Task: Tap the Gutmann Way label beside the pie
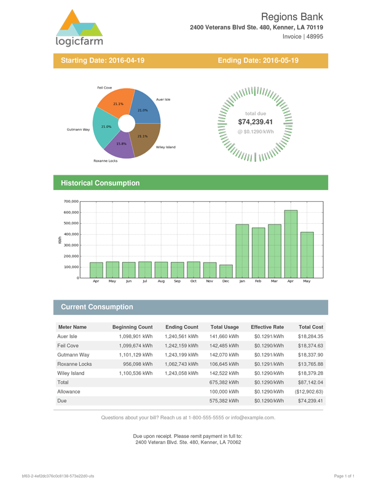pos(79,130)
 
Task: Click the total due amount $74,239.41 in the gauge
pos(255,122)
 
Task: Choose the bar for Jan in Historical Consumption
pos(242,251)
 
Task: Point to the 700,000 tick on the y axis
pos(70,202)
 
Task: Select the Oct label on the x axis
pos(194,281)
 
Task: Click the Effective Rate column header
pos(267,327)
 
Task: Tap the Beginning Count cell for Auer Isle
pos(135,337)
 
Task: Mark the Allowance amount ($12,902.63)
pos(309,391)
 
